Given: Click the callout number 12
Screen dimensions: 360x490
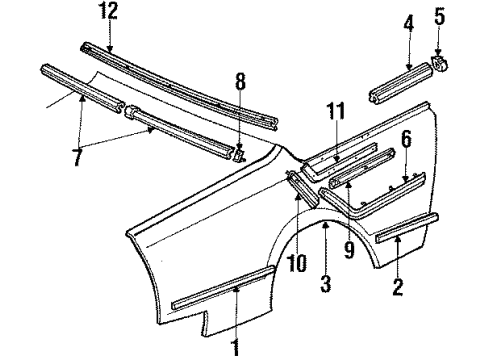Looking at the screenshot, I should tap(107, 11).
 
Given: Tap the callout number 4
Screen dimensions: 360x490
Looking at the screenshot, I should tap(406, 22).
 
